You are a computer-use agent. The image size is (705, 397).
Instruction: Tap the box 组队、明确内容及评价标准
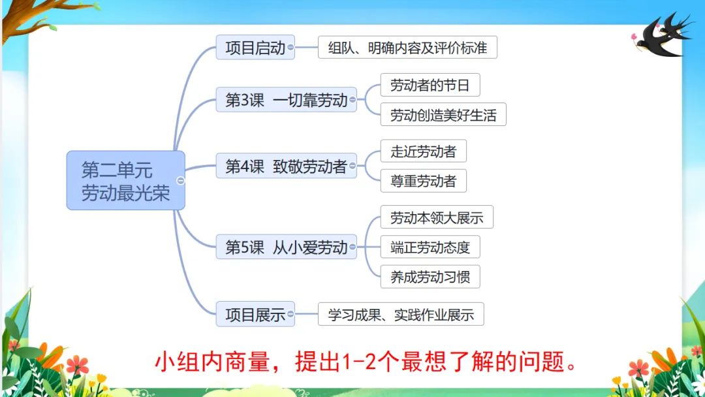click(x=407, y=48)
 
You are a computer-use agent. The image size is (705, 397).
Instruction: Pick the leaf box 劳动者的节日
click(x=430, y=86)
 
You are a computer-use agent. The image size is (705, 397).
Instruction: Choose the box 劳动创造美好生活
click(x=443, y=115)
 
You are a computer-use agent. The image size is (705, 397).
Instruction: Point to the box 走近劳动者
click(x=423, y=151)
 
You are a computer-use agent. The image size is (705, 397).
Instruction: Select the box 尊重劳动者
click(x=423, y=181)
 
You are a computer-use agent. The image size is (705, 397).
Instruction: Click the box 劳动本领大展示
click(x=436, y=217)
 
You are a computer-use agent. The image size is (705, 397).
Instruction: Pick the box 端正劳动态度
click(x=430, y=247)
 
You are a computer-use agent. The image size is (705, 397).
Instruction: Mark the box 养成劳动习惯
click(x=430, y=276)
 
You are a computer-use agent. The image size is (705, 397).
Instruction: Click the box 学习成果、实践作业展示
click(x=401, y=314)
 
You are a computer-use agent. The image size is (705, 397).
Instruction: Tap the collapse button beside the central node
click(x=181, y=181)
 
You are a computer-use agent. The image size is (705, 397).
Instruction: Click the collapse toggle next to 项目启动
click(x=290, y=48)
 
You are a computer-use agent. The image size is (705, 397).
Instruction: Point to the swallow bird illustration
click(x=661, y=37)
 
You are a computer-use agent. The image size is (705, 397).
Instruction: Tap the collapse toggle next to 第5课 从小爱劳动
click(x=353, y=247)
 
